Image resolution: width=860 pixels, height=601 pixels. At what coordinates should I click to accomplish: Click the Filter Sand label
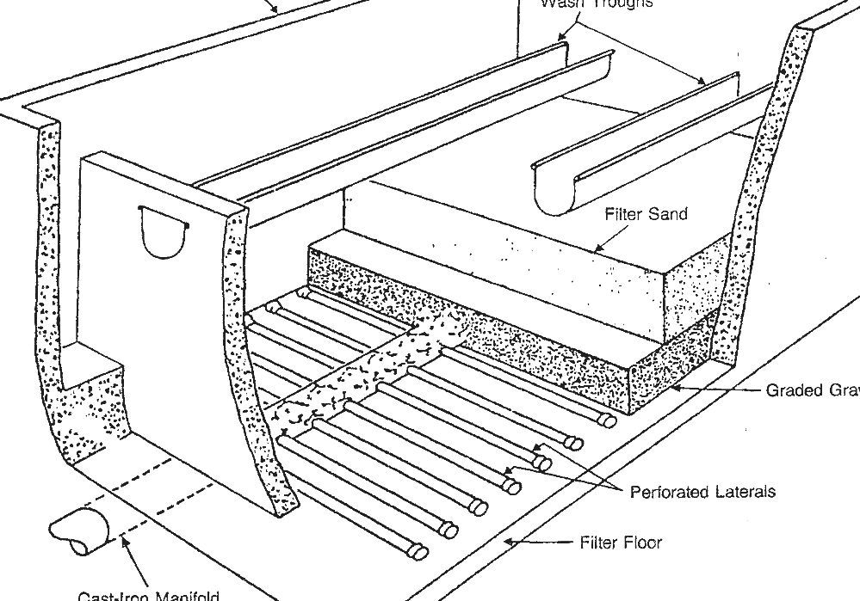[645, 214]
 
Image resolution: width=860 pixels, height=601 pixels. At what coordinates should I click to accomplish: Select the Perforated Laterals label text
[702, 492]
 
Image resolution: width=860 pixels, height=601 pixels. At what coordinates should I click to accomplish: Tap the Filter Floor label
[622, 543]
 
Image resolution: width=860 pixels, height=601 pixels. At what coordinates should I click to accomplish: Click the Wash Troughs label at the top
[597, 3]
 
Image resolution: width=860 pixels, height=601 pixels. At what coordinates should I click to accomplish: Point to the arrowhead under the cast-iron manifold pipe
[126, 541]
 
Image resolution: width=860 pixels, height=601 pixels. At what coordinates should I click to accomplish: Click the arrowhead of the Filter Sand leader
[597, 249]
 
